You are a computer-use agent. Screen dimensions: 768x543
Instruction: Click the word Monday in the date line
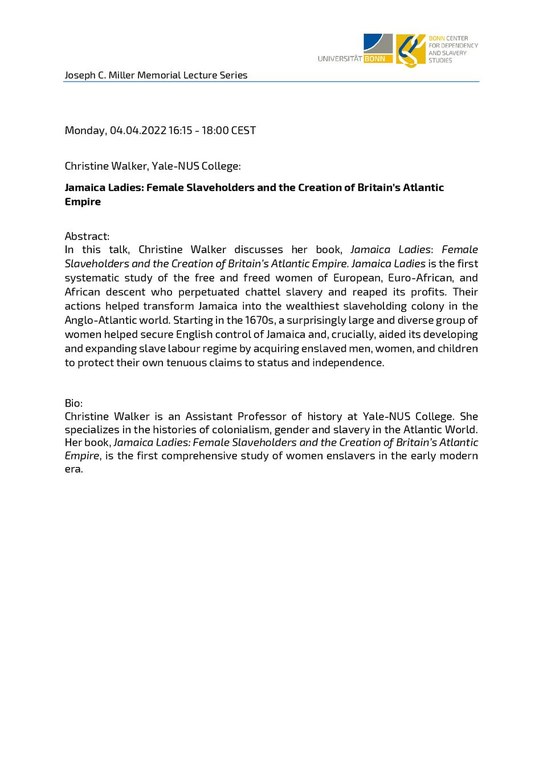[85, 131]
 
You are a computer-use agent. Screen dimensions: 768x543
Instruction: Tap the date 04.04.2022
[139, 131]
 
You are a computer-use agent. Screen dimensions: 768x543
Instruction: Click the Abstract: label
[87, 235]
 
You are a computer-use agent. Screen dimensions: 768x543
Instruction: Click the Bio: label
[76, 402]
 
